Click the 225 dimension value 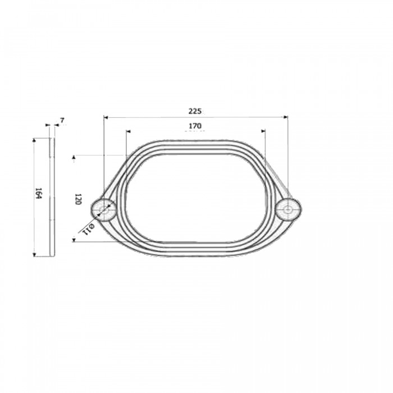[195, 111]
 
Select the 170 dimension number [195, 126]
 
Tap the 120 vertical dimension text [77, 199]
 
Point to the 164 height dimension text [38, 193]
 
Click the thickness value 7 [62, 121]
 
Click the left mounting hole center [103, 210]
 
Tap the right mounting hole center [288, 209]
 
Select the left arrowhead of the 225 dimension [106, 117]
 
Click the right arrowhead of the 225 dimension [286, 117]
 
